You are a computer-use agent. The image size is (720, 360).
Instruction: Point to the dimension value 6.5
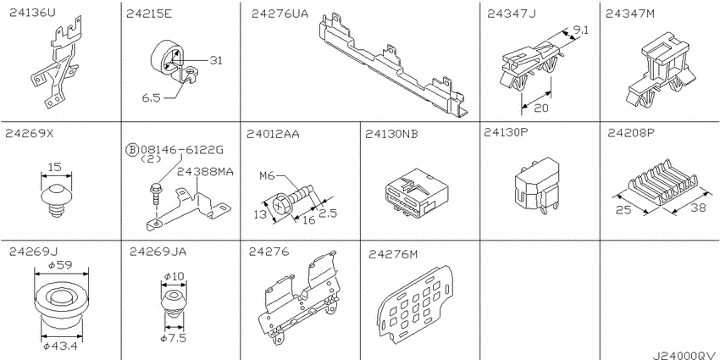[x=152, y=97]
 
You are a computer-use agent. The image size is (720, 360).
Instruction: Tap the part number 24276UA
[x=280, y=14]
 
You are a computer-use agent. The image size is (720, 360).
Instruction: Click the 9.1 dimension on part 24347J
[x=581, y=31]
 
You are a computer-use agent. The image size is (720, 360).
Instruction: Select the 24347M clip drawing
[x=658, y=69]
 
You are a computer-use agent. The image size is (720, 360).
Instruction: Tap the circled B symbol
[x=132, y=150]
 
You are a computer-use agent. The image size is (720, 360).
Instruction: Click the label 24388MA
[x=205, y=171]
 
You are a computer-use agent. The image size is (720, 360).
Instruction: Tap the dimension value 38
[x=698, y=208]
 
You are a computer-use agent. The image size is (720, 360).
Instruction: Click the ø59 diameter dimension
[x=62, y=265]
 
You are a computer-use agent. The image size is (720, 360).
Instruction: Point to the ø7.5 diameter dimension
[x=173, y=339]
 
